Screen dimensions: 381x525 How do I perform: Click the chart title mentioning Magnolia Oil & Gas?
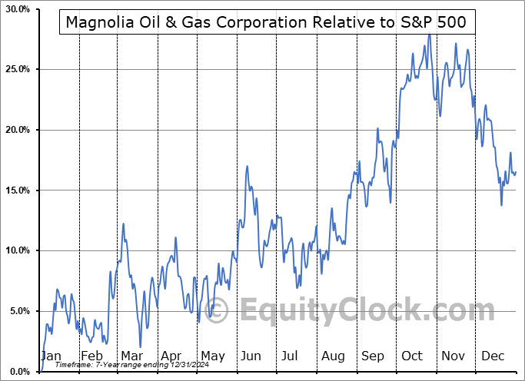pyautogui.click(x=265, y=22)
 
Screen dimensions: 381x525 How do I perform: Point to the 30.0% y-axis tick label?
pyautogui.click(x=16, y=9)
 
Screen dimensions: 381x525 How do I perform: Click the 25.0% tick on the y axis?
pyautogui.click(x=16, y=69)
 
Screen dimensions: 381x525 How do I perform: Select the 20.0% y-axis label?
pyautogui.click(x=16, y=130)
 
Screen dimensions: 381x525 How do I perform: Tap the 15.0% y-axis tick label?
pyautogui.click(x=16, y=190)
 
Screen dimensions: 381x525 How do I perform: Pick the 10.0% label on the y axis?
pyautogui.click(x=16, y=250)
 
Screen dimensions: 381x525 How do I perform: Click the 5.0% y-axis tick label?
pyautogui.click(x=18, y=311)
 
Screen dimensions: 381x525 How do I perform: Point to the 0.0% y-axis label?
pyautogui.click(x=18, y=372)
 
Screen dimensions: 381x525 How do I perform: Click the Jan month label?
pyautogui.click(x=51, y=356)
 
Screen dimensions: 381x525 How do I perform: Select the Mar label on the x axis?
pyautogui.click(x=131, y=356)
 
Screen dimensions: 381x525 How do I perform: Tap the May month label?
pyautogui.click(x=212, y=356)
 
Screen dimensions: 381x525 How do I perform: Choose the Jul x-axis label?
pyautogui.click(x=291, y=356)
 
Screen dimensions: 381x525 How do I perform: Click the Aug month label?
pyautogui.click(x=333, y=356)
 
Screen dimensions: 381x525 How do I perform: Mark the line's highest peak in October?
pyautogui.click(x=429, y=35)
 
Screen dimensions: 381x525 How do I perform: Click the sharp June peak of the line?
pyautogui.click(x=248, y=166)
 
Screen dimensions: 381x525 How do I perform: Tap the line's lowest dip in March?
pyautogui.click(x=140, y=346)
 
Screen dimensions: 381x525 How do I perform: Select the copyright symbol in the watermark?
pyautogui.click(x=218, y=311)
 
